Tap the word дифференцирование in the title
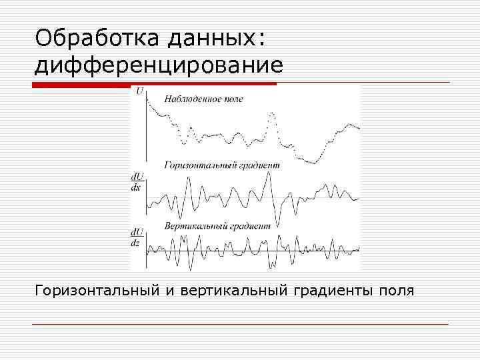tap(159, 66)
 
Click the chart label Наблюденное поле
tap(203, 99)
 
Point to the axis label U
tap(139, 91)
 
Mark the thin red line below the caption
tap(240, 325)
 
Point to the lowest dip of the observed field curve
tap(313, 162)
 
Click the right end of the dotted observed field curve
tap(359, 127)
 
